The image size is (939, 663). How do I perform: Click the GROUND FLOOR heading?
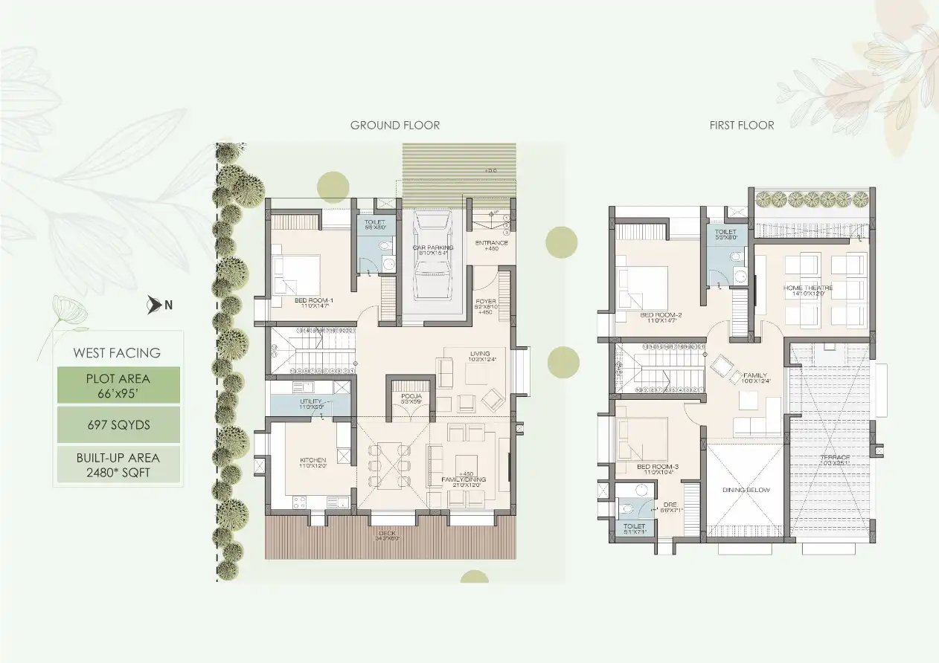pos(394,125)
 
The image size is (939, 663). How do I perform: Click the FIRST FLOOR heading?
pos(741,125)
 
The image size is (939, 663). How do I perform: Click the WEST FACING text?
pos(117,353)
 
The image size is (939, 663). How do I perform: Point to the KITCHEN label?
pos(312,461)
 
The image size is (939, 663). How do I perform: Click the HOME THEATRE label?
pos(807,288)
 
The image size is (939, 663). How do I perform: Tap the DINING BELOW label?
pos(745,490)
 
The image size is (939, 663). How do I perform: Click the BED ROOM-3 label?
pos(658,467)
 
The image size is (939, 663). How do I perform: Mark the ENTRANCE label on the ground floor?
pos(491,242)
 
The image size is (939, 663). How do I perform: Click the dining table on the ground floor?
pos(388,465)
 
